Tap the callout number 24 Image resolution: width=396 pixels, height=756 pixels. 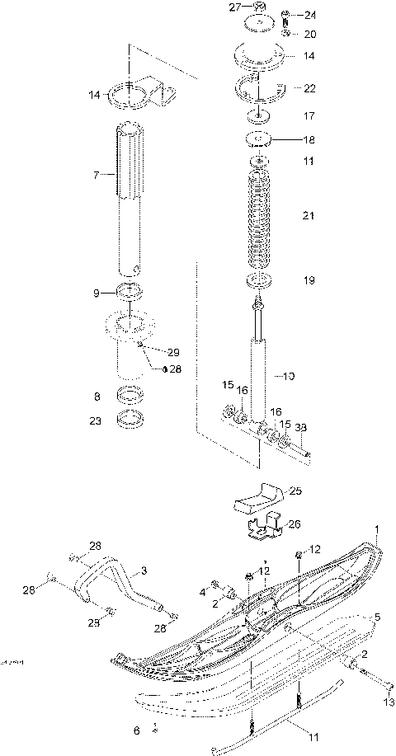pos(309,16)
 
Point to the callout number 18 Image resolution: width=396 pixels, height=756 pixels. pos(309,139)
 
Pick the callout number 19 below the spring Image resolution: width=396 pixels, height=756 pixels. pos(309,280)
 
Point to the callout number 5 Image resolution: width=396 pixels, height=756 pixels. pos(377,616)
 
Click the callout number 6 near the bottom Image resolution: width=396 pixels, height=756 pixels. pos(137,730)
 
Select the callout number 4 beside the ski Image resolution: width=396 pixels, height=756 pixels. pos(201,591)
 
